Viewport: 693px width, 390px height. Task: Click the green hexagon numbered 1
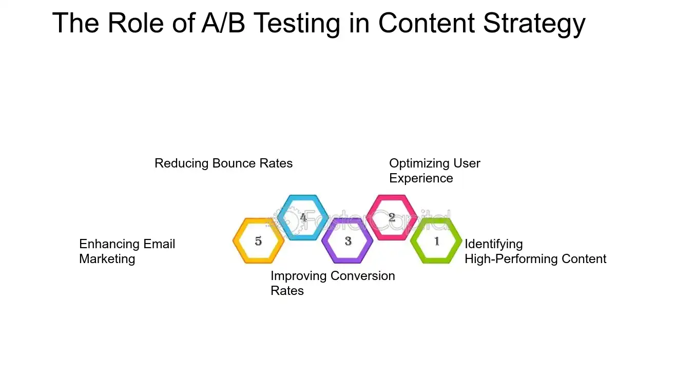point(436,241)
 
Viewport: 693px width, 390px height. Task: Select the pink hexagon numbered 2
point(392,217)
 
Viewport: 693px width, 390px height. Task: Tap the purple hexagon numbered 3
point(348,241)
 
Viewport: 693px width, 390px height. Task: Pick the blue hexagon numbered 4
point(303,217)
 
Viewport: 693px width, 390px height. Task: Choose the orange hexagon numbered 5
point(258,241)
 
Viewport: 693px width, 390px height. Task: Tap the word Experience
point(421,178)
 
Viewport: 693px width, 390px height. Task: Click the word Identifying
point(493,244)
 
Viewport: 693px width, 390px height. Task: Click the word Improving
point(294,276)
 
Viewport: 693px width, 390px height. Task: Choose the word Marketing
point(107,259)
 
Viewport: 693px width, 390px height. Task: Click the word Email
point(159,244)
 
